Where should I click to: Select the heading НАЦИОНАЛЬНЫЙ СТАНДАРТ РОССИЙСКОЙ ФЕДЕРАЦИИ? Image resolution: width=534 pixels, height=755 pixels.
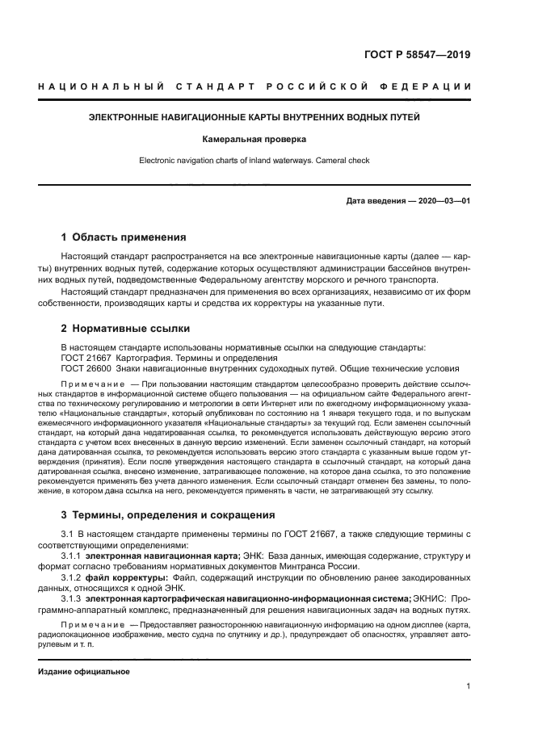pyautogui.click(x=255, y=86)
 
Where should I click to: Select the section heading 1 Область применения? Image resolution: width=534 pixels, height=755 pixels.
pyautogui.click(x=124, y=237)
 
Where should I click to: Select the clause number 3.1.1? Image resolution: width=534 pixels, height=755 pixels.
pyautogui.click(x=72, y=556)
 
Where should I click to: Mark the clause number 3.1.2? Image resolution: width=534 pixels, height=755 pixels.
pyautogui.click(x=72, y=577)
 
